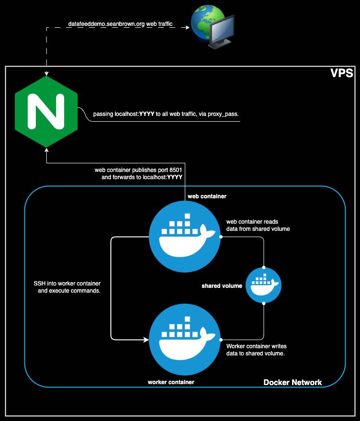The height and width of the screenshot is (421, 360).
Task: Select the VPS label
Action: coord(342,74)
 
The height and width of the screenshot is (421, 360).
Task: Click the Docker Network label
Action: coord(292,382)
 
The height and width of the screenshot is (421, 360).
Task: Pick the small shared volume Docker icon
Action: coord(263,285)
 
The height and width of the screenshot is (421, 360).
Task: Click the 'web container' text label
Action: coord(207,196)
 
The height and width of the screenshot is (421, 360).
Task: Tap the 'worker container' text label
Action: coord(171,382)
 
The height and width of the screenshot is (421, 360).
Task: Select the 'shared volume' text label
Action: coord(222,286)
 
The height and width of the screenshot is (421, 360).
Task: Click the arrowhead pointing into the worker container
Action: coord(146,340)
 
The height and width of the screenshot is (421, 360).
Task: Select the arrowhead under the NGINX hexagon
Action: coord(46,151)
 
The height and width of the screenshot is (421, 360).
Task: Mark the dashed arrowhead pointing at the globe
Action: coord(187,27)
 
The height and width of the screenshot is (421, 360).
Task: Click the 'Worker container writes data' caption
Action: coord(256,349)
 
